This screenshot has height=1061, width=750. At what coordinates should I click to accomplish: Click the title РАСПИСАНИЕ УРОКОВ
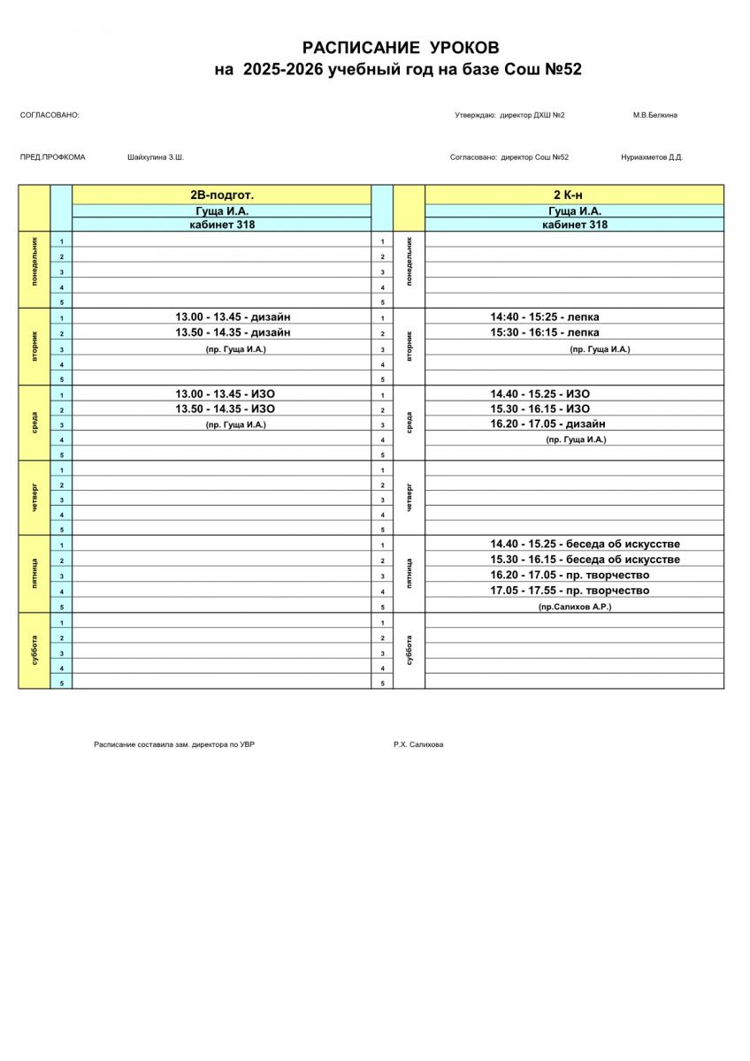pyautogui.click(x=401, y=48)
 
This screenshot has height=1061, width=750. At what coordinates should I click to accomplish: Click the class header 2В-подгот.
pyautogui.click(x=221, y=195)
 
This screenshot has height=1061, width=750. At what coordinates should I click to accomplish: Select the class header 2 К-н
pyautogui.click(x=574, y=195)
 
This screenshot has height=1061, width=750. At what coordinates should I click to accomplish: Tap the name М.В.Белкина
pyautogui.click(x=654, y=115)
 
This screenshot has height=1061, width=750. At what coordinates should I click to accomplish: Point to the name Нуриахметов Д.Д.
pyautogui.click(x=652, y=157)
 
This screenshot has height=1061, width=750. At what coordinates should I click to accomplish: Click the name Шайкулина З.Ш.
pyautogui.click(x=156, y=157)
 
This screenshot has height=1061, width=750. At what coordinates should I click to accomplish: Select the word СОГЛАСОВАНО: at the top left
pyautogui.click(x=50, y=115)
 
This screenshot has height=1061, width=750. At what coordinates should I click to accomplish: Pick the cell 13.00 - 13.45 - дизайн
pyautogui.click(x=233, y=317)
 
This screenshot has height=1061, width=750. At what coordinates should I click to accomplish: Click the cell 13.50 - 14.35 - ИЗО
pyautogui.click(x=225, y=408)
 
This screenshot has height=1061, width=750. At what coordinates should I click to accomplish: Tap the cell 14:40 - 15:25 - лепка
pyautogui.click(x=545, y=317)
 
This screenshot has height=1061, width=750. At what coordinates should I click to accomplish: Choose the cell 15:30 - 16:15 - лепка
pyautogui.click(x=545, y=332)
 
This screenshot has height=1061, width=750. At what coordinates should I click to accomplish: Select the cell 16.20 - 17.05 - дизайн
pyautogui.click(x=548, y=424)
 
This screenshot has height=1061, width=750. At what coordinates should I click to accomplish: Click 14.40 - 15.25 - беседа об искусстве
pyautogui.click(x=585, y=544)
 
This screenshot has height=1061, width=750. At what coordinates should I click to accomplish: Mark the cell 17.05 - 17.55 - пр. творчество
pyautogui.click(x=570, y=590)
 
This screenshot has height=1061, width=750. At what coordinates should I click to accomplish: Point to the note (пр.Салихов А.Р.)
pyautogui.click(x=575, y=607)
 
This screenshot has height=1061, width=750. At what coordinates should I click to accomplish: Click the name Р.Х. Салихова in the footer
pyautogui.click(x=418, y=744)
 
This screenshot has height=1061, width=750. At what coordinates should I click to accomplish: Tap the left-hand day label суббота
pyautogui.click(x=34, y=650)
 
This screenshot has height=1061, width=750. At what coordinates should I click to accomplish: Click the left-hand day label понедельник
pyautogui.click(x=34, y=269)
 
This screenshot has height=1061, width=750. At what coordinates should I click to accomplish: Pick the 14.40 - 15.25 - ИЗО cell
pyautogui.click(x=540, y=393)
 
